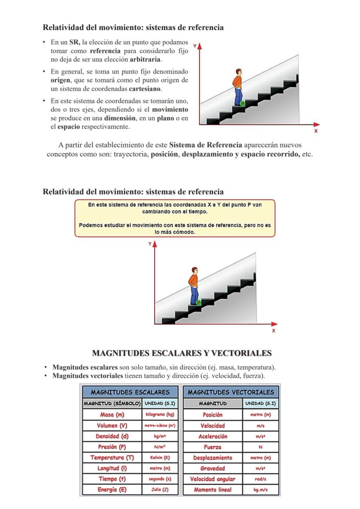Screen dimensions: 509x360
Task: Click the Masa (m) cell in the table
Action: [112, 415]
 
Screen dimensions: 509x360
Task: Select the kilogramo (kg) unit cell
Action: [159, 415]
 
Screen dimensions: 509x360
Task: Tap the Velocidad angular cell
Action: [213, 479]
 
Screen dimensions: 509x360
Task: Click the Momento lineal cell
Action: [213, 490]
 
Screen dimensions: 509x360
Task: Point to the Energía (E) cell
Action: [112, 490]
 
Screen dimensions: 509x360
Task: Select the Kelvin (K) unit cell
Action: [159, 458]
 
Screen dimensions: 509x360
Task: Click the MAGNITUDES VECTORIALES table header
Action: [230, 392]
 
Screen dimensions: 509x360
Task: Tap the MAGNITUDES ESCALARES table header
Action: [130, 392]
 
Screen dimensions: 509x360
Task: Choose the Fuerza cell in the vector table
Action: [213, 447]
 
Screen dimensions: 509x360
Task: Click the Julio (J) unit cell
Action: [159, 490]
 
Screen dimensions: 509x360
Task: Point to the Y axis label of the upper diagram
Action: [195, 45]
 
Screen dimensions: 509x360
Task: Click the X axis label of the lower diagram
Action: [273, 331]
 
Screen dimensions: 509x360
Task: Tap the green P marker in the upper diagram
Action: [242, 103]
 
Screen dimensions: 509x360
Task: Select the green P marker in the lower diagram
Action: [198, 302]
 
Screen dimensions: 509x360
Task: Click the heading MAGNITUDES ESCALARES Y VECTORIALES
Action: [182, 353]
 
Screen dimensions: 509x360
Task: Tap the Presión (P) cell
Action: [112, 447]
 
